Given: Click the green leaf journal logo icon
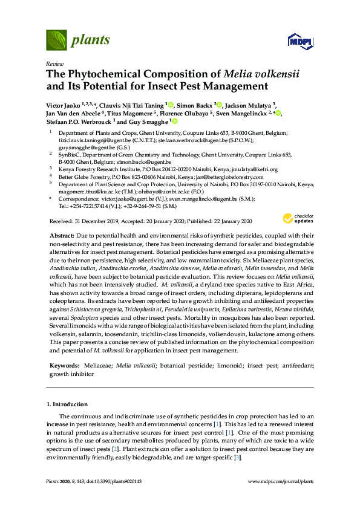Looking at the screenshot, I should (56, 41).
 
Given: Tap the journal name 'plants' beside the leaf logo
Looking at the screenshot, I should (91, 41).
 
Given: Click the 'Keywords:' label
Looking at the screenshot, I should (64, 366).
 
